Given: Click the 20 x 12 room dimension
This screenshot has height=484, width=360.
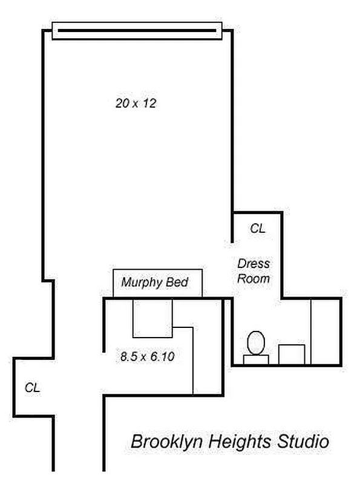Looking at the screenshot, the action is [136, 103].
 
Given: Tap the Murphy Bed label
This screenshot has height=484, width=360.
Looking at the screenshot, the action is [155, 283].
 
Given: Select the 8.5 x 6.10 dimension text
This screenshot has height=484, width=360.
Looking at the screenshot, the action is [147, 356].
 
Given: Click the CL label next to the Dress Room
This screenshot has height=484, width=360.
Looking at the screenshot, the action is [258, 229].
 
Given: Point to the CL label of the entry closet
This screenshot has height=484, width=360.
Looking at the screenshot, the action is [32, 387].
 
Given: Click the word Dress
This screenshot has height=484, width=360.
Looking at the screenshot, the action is [254, 264].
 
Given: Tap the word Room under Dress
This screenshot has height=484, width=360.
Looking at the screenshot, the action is [254, 279].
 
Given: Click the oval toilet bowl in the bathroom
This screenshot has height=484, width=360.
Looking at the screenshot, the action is [256, 342].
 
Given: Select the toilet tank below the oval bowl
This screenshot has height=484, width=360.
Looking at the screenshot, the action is [256, 359].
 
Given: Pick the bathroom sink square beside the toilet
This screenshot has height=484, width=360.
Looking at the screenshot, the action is [292, 355].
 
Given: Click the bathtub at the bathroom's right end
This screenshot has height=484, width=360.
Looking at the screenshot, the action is [326, 332].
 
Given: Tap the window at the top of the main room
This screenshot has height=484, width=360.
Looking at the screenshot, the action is [137, 31].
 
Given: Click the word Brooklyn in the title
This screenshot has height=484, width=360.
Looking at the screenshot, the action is [167, 442].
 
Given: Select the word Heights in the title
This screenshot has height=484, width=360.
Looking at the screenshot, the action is [240, 442].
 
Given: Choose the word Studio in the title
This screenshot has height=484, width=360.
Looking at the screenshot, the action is [303, 442].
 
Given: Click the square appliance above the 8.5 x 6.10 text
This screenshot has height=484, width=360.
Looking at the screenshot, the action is [152, 318].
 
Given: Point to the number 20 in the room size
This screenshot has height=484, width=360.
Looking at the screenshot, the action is [122, 103].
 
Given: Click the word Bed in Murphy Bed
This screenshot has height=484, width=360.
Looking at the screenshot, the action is [177, 282].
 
